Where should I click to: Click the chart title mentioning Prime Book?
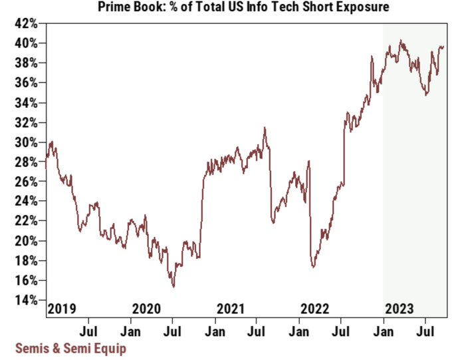pos(243,8)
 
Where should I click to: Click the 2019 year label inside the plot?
pos(62,309)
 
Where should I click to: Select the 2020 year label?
pos(146,309)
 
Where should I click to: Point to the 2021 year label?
pos(231,309)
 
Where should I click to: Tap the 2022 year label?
pos(315,309)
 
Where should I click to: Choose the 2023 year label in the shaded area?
pos(399,309)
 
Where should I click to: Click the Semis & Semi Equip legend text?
pos(70,347)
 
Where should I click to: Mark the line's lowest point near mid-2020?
pos(173,287)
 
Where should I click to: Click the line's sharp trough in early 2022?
pos(312,267)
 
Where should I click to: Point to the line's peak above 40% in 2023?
pos(401,41)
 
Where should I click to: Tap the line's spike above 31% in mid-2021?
pos(265,128)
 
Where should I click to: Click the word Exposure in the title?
pos(363,8)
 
